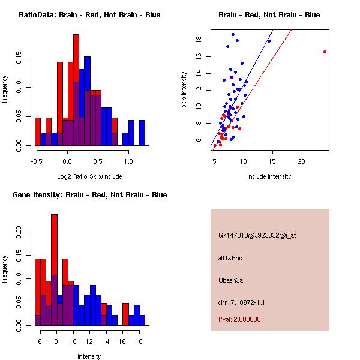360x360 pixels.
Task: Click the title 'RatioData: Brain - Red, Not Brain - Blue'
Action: click(89, 15)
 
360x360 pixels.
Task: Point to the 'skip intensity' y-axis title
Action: click(185, 90)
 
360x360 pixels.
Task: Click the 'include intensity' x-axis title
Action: click(269, 176)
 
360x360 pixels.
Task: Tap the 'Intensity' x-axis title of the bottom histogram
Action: click(89, 356)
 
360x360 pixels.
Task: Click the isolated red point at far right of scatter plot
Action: click(325, 52)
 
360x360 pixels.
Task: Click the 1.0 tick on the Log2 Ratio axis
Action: click(128, 161)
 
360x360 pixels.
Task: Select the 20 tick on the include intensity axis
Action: click(301, 161)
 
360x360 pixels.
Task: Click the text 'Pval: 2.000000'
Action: click(239, 319)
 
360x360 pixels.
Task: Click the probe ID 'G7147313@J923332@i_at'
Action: click(257, 235)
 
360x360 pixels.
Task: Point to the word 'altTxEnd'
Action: click(230, 258)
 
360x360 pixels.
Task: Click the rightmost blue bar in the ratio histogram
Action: click(142, 133)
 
